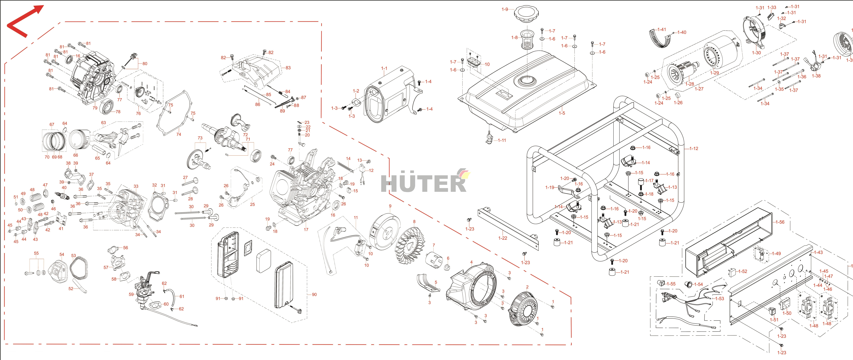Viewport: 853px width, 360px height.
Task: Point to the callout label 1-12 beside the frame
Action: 694,148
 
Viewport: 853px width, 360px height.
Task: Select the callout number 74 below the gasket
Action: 178,134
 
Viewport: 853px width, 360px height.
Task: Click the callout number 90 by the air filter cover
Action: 314,294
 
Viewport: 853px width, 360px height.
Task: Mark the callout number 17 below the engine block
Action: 306,229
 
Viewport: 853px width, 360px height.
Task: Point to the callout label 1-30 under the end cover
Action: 756,53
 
